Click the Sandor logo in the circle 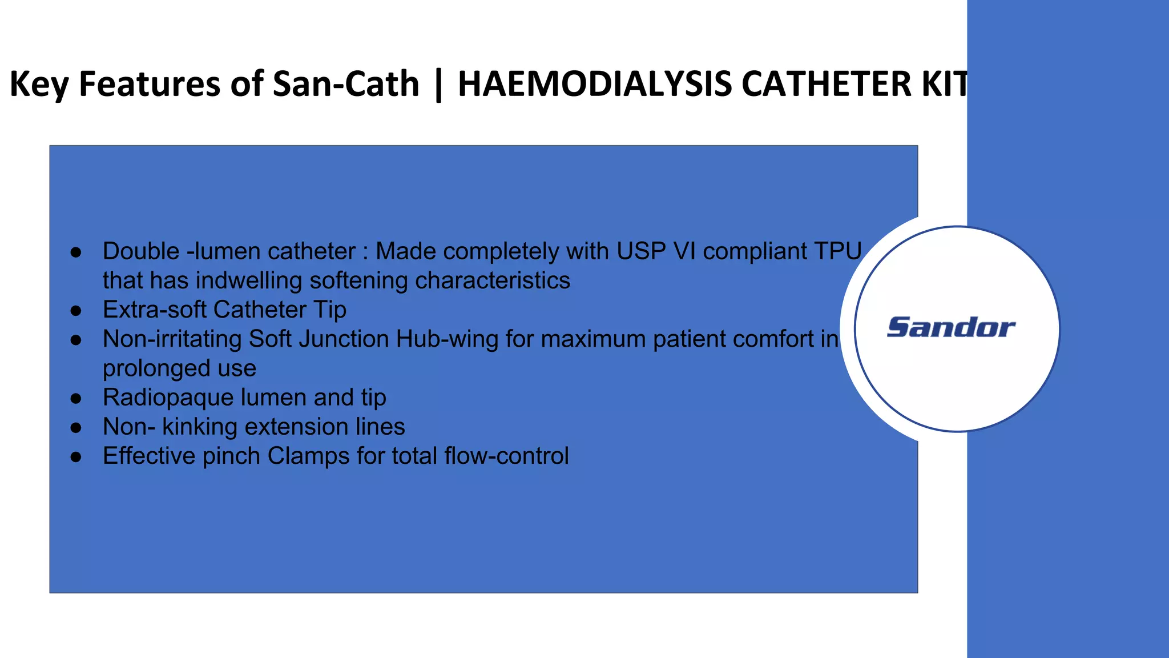tap(951, 328)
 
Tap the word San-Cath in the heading tap(346, 84)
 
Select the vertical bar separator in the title tap(438, 84)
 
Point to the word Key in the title tap(39, 84)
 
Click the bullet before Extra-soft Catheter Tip tap(76, 311)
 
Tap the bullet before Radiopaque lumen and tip tap(76, 399)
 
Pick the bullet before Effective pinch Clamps tap(76, 457)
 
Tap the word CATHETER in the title tap(827, 84)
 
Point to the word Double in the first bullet tap(141, 251)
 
